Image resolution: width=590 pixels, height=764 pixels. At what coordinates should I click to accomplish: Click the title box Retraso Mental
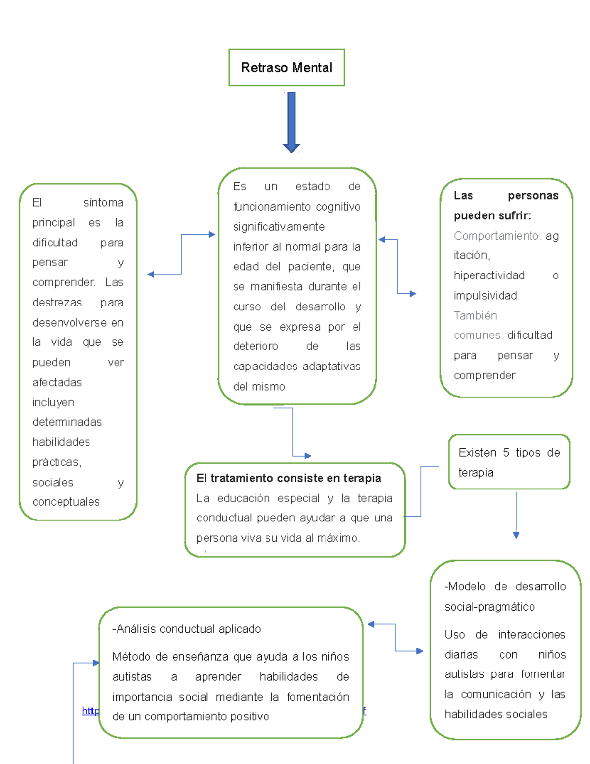287,67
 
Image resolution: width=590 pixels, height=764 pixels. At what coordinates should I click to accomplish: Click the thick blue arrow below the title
292,121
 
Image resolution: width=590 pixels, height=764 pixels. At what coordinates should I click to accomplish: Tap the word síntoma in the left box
103,202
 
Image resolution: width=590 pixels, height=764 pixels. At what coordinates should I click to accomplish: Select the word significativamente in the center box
279,227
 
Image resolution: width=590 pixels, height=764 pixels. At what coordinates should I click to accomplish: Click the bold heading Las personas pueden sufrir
506,206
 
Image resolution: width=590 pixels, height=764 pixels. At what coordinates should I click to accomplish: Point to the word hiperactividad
489,275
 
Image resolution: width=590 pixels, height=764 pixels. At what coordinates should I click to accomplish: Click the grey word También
475,315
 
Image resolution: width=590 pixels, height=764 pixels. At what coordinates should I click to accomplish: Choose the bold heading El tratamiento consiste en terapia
289,478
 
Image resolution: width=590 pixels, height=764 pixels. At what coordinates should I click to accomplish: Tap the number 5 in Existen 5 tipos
506,453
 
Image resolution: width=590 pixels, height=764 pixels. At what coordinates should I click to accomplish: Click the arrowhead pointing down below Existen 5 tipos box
516,535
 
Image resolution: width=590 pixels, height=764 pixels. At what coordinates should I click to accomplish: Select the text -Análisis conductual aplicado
187,629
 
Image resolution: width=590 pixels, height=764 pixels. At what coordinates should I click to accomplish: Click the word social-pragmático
490,607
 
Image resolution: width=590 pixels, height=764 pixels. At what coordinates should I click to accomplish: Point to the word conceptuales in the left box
66,502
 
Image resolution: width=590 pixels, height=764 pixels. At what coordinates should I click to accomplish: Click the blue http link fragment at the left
90,711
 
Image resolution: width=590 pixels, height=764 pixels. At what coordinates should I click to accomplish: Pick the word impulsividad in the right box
485,295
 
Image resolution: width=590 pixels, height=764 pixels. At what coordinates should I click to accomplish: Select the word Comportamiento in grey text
496,236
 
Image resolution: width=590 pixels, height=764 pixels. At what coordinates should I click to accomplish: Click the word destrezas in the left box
58,303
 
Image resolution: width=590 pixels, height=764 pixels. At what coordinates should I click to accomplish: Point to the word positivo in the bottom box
249,716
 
